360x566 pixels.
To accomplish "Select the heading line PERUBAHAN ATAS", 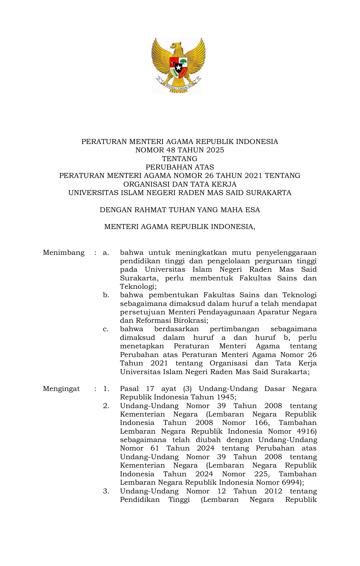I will pyautogui.click(x=180, y=167).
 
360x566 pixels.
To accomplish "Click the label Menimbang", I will pyautogui.click(x=64, y=253).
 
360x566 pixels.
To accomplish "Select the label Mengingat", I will pyautogui.click(x=61, y=389).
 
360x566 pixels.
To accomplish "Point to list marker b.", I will pyautogui.click(x=106, y=295).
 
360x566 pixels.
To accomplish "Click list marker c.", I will pyautogui.click(x=106, y=329).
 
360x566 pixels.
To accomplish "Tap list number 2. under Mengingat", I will pyautogui.click(x=106, y=406).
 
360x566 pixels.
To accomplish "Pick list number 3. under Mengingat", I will pyautogui.click(x=106, y=491).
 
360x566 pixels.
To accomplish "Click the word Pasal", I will pyautogui.click(x=129, y=389).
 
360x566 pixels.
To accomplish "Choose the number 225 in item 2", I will pyautogui.click(x=262, y=474).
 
